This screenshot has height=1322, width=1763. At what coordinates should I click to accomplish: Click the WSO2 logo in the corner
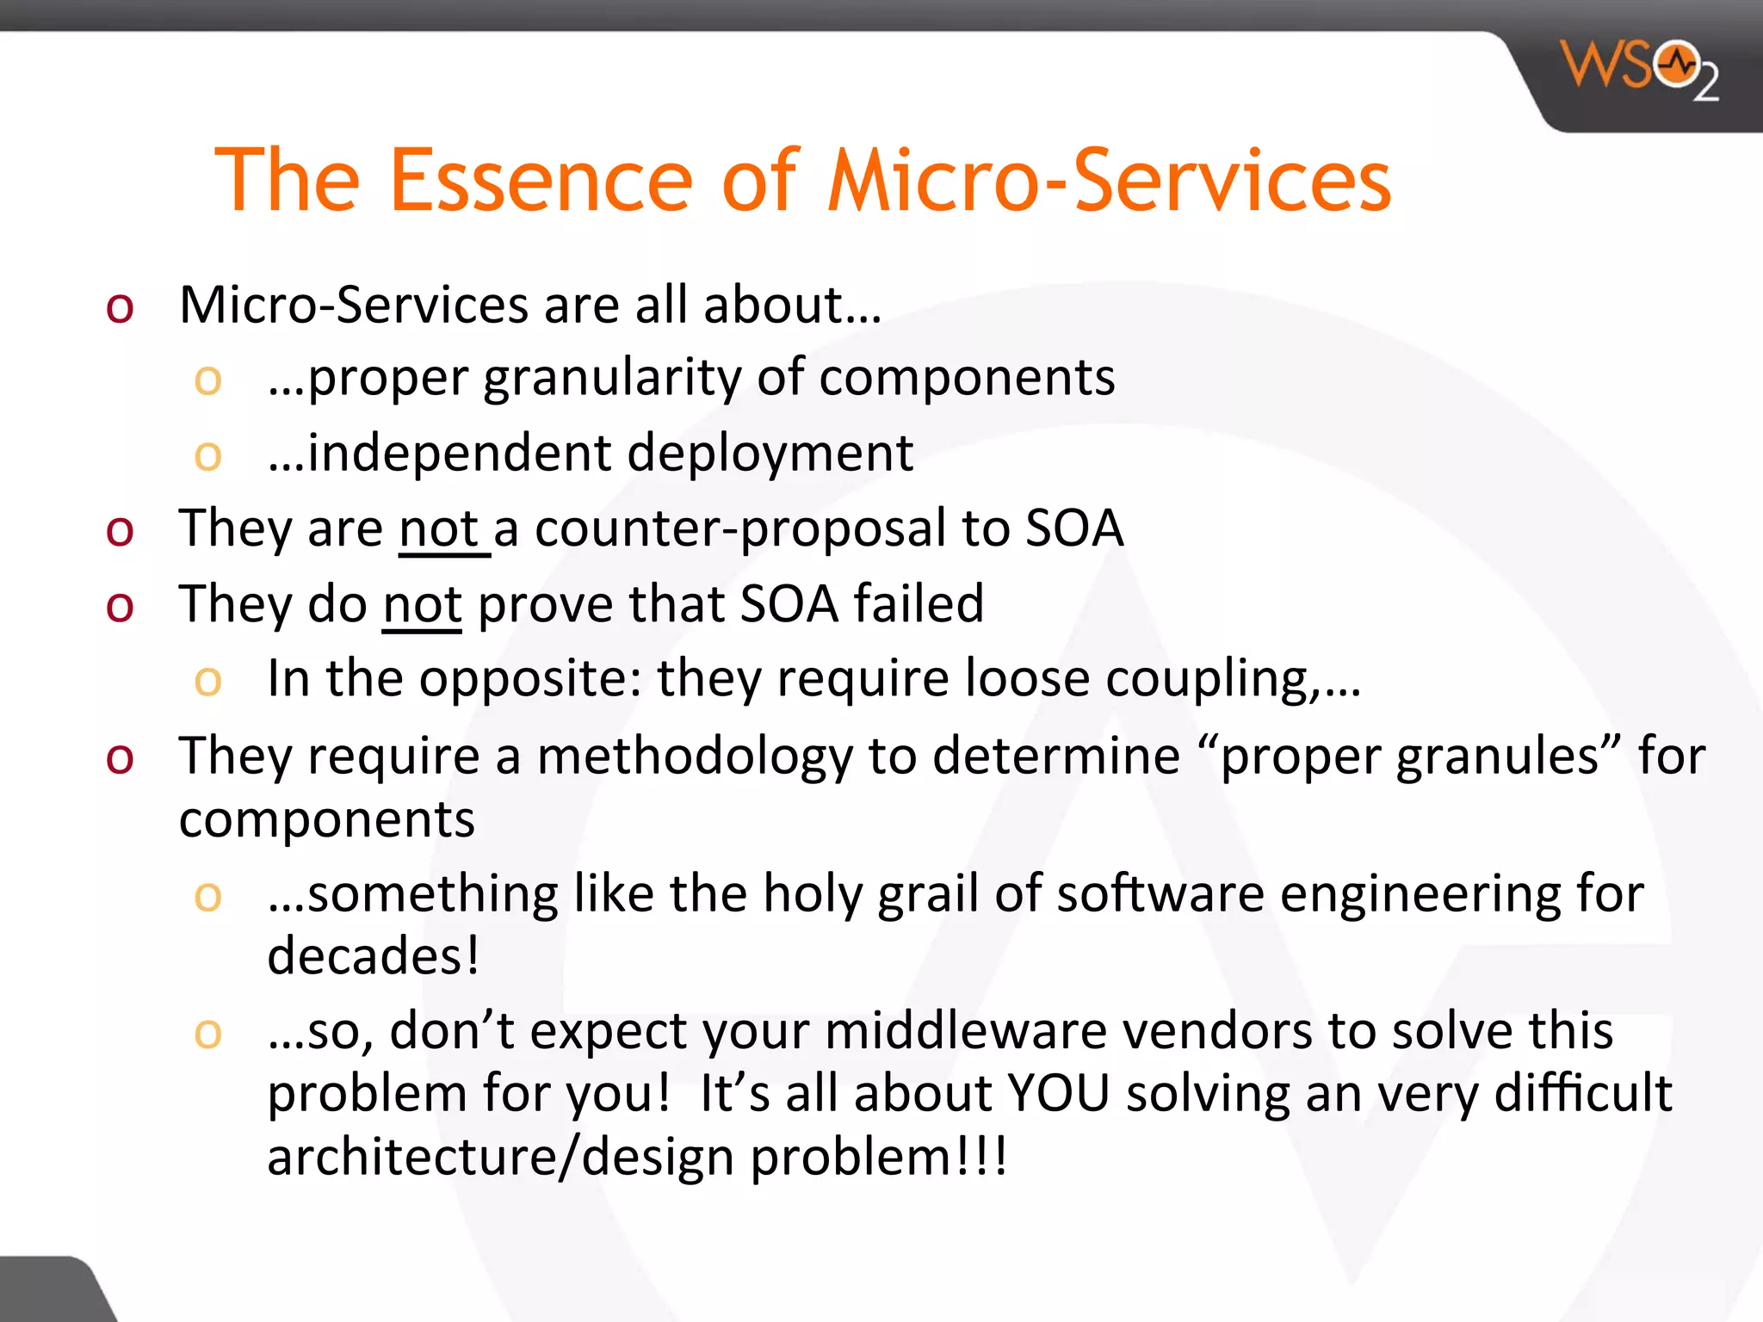pos(1640,69)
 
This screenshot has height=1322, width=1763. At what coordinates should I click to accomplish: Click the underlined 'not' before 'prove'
pos(423,604)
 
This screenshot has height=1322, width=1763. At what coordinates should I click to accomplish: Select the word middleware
pos(965,1031)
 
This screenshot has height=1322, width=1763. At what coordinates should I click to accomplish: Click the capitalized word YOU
pos(1059,1094)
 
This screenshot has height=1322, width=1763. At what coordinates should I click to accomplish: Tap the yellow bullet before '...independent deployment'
pos(207,456)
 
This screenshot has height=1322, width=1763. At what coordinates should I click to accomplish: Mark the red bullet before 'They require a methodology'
pos(120,759)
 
